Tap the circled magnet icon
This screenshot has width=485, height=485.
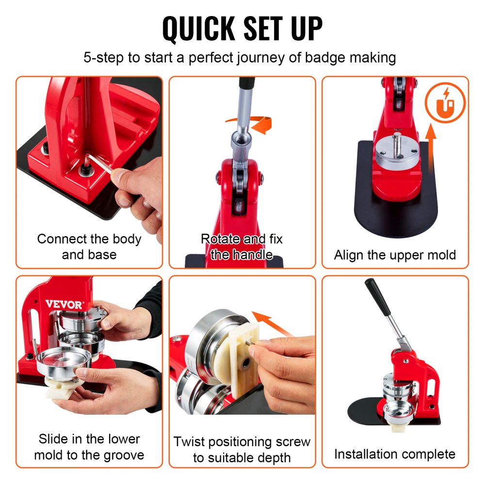click(x=445, y=103)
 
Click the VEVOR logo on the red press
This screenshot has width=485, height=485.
click(x=64, y=304)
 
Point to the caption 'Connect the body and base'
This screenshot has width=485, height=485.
click(x=89, y=246)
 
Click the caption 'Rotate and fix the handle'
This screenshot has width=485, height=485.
click(x=242, y=246)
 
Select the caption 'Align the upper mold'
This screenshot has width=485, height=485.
click(x=395, y=255)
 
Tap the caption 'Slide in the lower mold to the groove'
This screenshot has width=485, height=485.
click(x=89, y=447)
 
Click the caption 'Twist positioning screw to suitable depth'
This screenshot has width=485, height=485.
click(x=242, y=449)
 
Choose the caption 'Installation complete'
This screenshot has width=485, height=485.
click(x=395, y=454)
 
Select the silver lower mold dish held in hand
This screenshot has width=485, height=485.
click(x=64, y=361)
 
